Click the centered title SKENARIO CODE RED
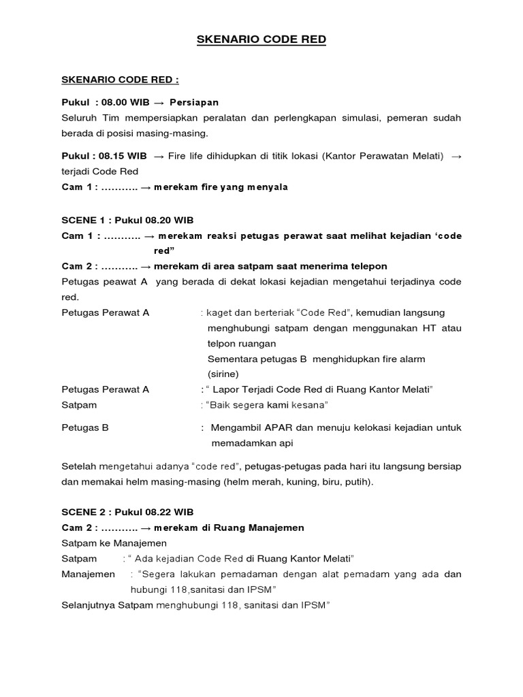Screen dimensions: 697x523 point(261,40)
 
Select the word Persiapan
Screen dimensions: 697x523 point(194,103)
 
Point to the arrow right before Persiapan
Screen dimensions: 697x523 point(159,103)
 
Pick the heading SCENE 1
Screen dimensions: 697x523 point(84,221)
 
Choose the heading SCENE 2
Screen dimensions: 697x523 point(84,512)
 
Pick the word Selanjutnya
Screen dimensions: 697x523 point(89,604)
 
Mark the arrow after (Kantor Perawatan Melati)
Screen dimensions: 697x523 point(456,157)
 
